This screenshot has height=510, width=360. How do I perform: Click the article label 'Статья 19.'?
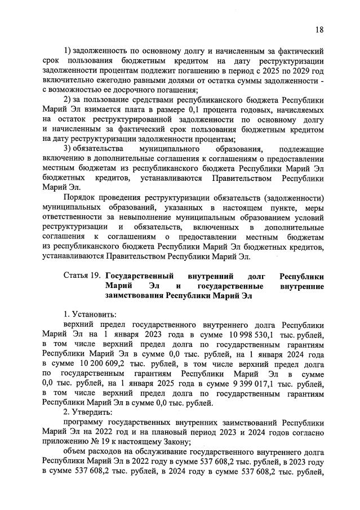82,277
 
